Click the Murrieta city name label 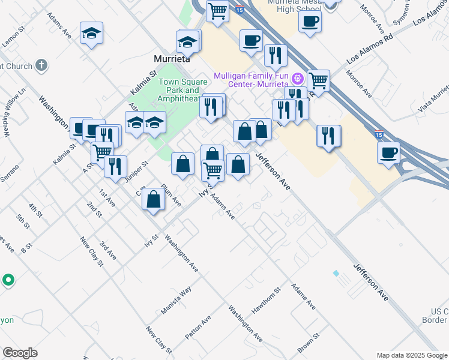tap(172, 59)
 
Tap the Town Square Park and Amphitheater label tap(179, 90)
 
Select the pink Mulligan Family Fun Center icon tap(297, 79)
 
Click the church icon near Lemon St tap(41, 65)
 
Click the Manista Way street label tap(176, 301)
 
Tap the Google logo tap(20, 353)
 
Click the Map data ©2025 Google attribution tap(412, 355)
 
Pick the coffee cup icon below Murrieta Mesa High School tap(310, 22)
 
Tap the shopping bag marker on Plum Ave tap(154, 199)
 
